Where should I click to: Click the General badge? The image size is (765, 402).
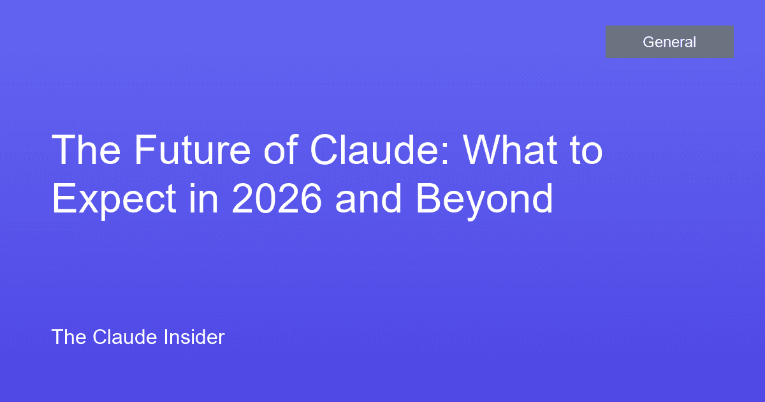[x=669, y=42]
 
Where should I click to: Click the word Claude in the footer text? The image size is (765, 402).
[x=124, y=337]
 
